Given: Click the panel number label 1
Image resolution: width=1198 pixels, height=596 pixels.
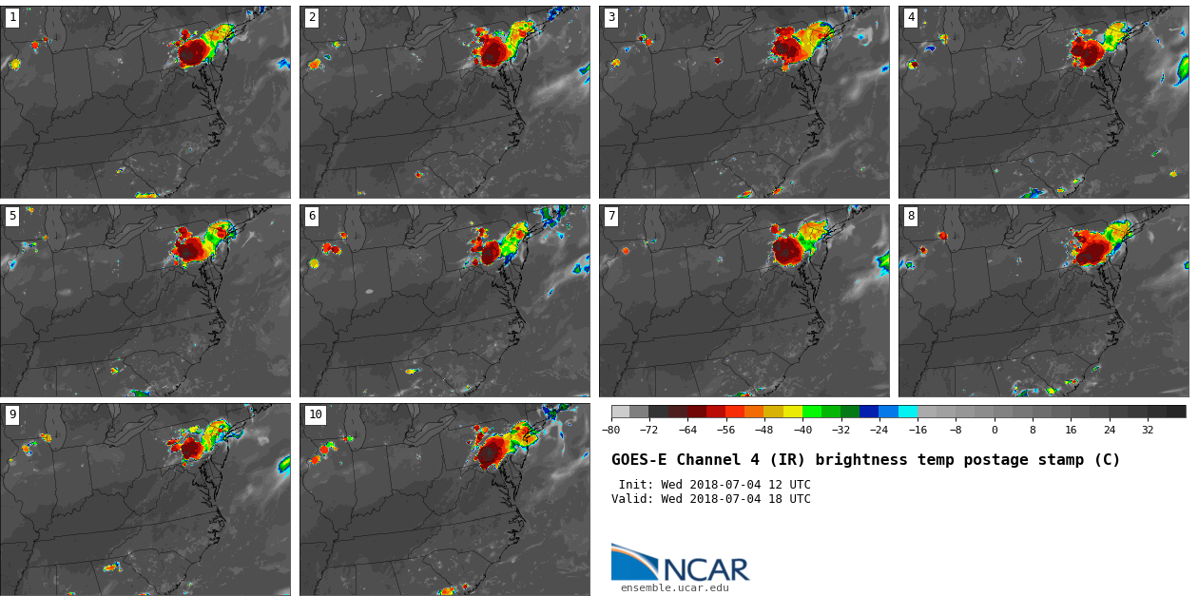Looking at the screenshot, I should pyautogui.click(x=12, y=17).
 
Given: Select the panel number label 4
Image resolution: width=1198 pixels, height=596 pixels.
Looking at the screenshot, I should pyautogui.click(x=911, y=17).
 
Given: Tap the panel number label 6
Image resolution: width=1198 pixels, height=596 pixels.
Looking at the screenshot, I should pyautogui.click(x=312, y=216).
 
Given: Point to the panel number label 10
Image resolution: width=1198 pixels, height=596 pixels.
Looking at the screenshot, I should pyautogui.click(x=315, y=414).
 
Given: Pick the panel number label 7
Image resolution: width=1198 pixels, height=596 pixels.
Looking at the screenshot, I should pyautogui.click(x=611, y=216).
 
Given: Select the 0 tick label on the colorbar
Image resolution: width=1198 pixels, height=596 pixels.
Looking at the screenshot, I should pyautogui.click(x=995, y=430).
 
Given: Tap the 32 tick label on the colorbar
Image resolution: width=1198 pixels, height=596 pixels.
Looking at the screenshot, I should pyautogui.click(x=1148, y=430).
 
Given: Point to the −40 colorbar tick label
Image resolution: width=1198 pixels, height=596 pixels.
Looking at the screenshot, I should pyautogui.click(x=803, y=430).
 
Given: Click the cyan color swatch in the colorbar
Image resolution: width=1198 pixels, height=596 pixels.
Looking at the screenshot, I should pyautogui.click(x=908, y=412).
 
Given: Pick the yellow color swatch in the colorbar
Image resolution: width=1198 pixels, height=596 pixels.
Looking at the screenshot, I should pyautogui.click(x=793, y=412).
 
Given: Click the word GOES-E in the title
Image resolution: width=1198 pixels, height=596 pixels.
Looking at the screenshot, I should pyautogui.click(x=635, y=460).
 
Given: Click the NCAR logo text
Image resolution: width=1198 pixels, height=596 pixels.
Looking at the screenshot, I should pyautogui.click(x=706, y=569).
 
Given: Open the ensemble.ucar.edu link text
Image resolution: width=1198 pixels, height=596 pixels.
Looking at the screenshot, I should pyautogui.click(x=675, y=588).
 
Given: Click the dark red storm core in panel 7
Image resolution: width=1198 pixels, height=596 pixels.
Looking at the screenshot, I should pyautogui.click(x=787, y=250).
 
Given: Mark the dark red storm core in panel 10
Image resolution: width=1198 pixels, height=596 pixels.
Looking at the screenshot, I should pyautogui.click(x=491, y=452).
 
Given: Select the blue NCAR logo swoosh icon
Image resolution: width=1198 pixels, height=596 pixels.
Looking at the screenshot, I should pyautogui.click(x=632, y=563).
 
